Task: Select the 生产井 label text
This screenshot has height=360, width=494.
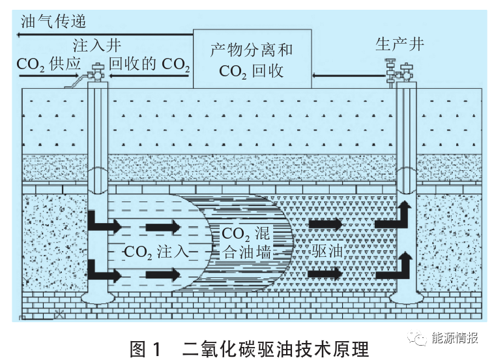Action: [x=400, y=44]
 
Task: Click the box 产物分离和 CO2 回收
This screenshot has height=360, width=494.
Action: [x=252, y=59]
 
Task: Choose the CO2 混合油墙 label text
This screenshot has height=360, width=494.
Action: [x=248, y=242]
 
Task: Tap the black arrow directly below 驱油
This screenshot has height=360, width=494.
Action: [x=325, y=273]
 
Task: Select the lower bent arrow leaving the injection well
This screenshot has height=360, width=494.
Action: [x=104, y=271]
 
